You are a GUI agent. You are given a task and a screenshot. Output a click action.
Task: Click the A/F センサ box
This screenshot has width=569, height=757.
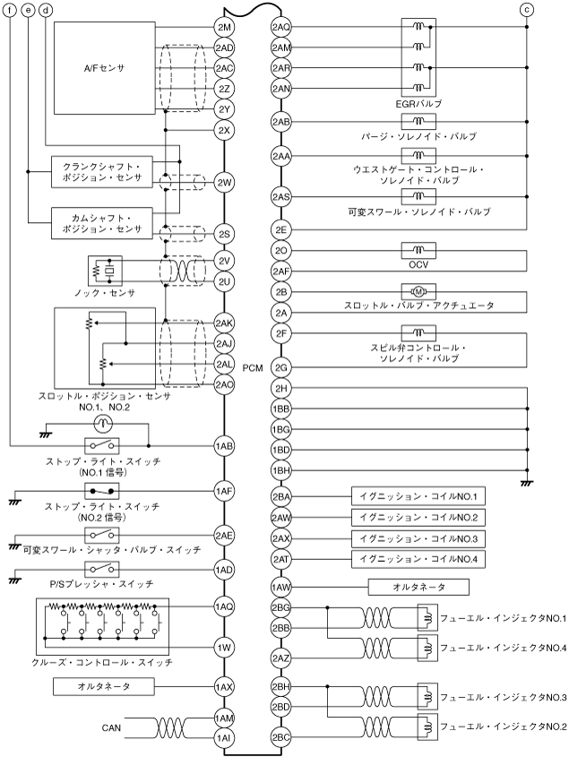(x=104, y=68)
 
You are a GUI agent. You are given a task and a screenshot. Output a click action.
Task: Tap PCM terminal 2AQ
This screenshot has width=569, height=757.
(x=280, y=28)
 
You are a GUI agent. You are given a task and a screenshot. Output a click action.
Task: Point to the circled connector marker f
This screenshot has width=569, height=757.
(x=10, y=9)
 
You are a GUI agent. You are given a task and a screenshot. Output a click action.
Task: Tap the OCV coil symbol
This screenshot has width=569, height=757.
(x=418, y=250)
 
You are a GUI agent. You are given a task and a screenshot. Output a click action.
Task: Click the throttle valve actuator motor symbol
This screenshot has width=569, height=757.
(x=418, y=292)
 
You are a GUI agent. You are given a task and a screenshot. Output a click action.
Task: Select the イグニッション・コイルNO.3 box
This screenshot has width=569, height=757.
(x=418, y=538)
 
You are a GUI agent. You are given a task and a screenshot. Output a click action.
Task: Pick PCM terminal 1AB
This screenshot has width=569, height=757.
(x=224, y=445)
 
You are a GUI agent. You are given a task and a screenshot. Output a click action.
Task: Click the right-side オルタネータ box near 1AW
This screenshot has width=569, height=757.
(x=419, y=588)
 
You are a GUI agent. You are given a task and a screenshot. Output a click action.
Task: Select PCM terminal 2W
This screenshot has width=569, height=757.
(x=224, y=183)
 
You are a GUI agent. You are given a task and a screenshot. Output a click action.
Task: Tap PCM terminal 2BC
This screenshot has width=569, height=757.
(x=280, y=712)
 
